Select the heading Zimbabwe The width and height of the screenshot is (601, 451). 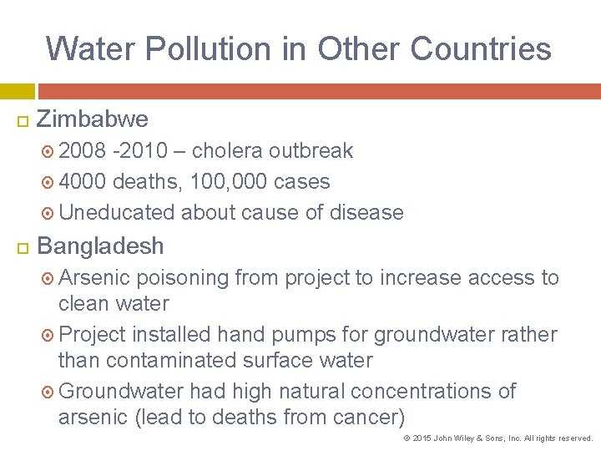click(x=93, y=119)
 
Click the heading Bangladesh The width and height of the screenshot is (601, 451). click(x=100, y=246)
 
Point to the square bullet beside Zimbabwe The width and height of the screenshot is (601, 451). click(x=23, y=120)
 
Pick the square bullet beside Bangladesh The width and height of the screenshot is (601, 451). click(x=23, y=247)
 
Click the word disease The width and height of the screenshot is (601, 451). click(x=366, y=213)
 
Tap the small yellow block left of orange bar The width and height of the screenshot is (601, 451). click(x=17, y=91)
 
